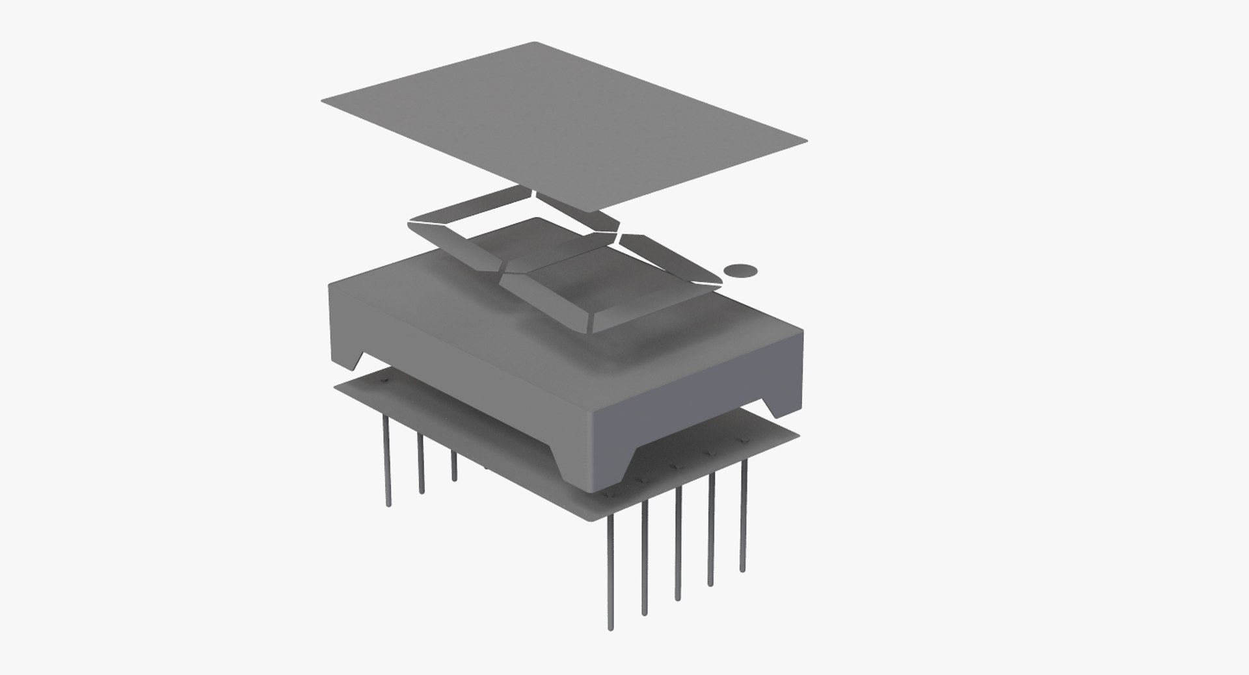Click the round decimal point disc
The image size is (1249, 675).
tap(741, 270)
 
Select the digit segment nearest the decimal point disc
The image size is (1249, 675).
tap(670, 260)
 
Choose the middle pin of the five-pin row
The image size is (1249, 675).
tap(678, 543)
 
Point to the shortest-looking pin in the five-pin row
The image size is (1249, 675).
tap(743, 514)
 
